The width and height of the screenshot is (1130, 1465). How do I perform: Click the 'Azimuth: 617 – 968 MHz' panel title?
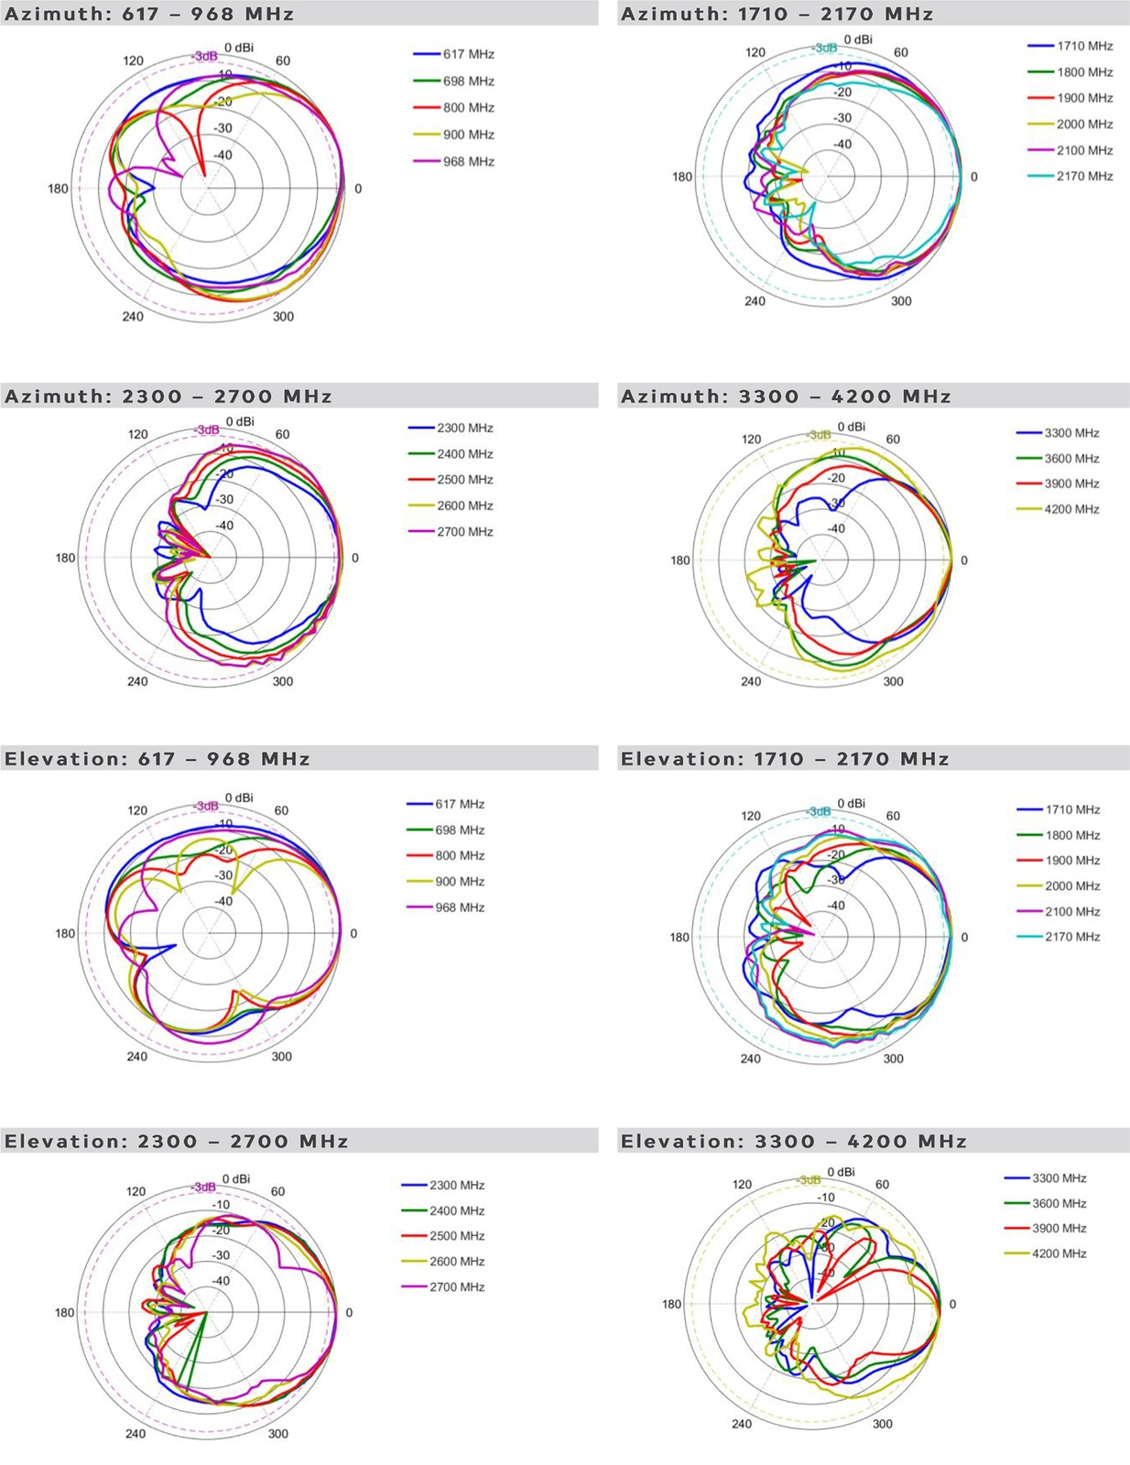pos(149,14)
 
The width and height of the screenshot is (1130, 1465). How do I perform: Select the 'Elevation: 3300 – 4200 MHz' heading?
pos(794,1141)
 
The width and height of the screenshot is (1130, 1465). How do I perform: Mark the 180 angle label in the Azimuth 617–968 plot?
pos(58,189)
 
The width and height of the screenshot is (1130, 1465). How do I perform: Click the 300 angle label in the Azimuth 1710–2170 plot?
pos(901,301)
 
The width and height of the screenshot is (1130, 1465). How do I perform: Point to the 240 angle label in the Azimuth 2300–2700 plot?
pos(137,681)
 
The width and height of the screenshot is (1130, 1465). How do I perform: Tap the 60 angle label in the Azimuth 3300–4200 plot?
pos(893,439)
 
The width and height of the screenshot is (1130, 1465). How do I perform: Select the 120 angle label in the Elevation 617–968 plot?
pos(137,810)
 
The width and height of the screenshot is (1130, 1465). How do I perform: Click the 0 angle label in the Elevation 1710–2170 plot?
pos(963,938)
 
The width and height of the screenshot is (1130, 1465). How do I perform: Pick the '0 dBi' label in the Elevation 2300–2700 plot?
pos(235,1179)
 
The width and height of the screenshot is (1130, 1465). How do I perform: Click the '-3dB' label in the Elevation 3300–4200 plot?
pos(807,1180)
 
